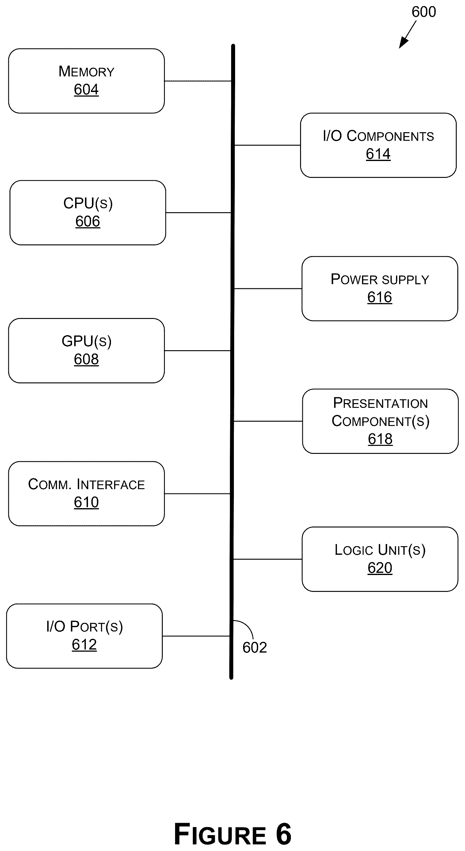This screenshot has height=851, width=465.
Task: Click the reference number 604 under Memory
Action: click(86, 90)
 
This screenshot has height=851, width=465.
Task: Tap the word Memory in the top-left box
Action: click(86, 71)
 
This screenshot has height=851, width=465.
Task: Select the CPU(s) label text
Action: click(88, 204)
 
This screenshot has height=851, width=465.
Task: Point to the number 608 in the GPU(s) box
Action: click(86, 359)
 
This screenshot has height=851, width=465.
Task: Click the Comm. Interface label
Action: click(86, 484)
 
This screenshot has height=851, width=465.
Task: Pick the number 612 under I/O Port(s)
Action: click(84, 645)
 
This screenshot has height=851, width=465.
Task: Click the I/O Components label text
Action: click(379, 136)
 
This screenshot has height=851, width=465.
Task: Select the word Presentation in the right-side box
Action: click(380, 403)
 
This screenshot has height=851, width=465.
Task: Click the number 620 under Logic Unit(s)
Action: click(380, 568)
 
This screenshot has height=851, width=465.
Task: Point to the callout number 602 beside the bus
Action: click(255, 647)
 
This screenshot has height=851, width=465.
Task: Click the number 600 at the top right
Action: click(424, 12)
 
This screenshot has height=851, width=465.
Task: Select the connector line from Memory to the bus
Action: click(198, 81)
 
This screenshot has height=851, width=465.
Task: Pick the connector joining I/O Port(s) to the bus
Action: click(196, 636)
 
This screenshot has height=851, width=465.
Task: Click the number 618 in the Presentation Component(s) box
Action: click(380, 439)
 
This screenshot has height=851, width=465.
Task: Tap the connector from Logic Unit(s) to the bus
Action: click(268, 559)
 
